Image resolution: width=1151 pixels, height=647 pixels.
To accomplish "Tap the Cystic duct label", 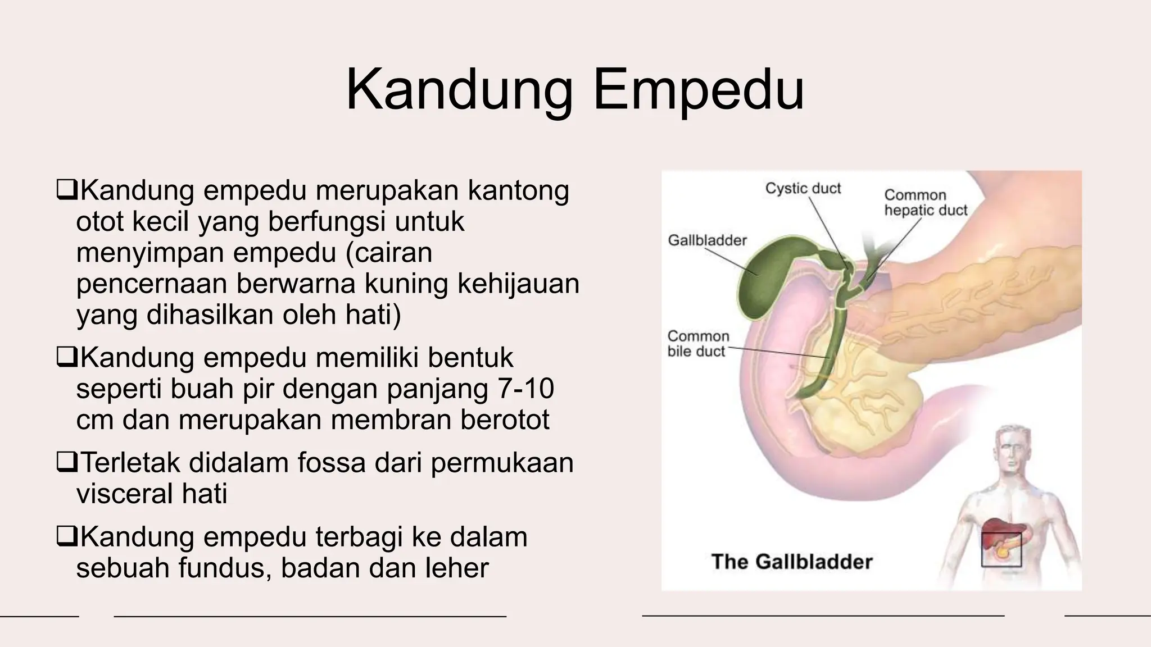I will (803, 188).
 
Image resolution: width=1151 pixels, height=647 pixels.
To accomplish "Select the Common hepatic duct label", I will (925, 203).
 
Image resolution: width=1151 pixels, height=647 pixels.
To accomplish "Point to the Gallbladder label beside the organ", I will (707, 240).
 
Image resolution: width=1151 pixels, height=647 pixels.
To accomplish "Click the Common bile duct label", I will (698, 344).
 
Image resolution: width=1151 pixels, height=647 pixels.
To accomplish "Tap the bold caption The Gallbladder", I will (791, 562).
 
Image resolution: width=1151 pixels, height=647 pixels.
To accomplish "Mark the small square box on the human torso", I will (1001, 549).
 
